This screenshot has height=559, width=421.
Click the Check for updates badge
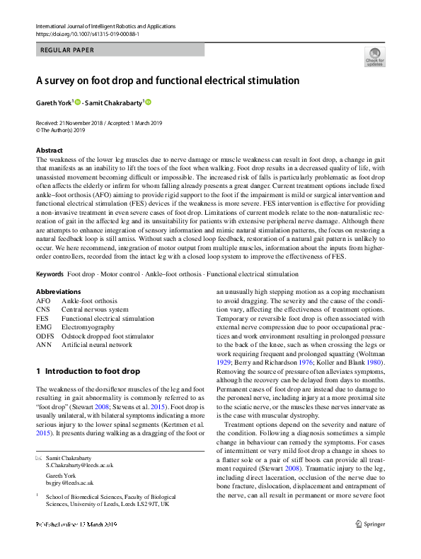pos(374,57)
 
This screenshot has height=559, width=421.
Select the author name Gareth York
pos(53,102)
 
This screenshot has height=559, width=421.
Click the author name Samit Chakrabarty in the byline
pos(116,102)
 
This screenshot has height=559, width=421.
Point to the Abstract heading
pos(50,151)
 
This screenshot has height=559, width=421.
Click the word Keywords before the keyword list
pos(50,273)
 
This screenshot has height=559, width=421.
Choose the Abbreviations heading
pos(58,291)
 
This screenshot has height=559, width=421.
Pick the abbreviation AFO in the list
pos(43,300)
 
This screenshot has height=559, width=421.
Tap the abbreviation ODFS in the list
pos(45,336)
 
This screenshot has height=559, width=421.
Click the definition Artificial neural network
pos(96,345)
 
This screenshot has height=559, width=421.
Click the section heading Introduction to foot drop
pos(88,371)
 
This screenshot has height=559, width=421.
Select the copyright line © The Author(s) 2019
pos(60,130)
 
